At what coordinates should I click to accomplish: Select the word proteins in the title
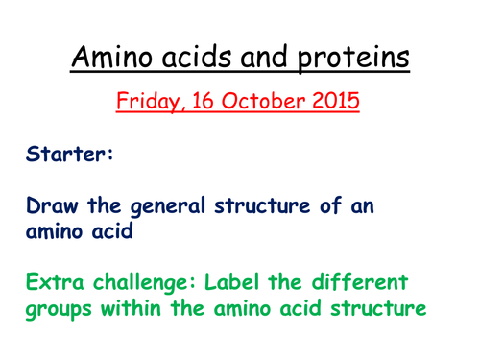355,59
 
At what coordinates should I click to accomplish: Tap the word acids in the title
210,59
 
